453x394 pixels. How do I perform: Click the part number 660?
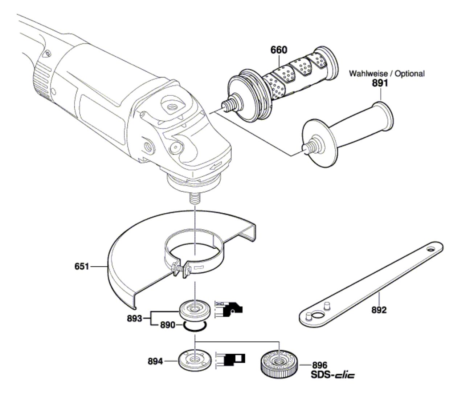pyautogui.click(x=278, y=50)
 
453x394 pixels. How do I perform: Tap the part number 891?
pyautogui.click(x=380, y=83)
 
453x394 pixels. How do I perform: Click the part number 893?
pyautogui.click(x=135, y=319)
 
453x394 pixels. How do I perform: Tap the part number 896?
pyautogui.click(x=319, y=365)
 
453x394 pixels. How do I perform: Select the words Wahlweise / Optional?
pyautogui.click(x=387, y=73)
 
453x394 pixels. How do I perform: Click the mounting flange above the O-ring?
pyautogui.click(x=195, y=310)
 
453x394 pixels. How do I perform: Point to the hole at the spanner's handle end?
pyautogui.click(x=430, y=250)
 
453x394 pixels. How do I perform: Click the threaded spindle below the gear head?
pyautogui.click(x=195, y=198)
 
